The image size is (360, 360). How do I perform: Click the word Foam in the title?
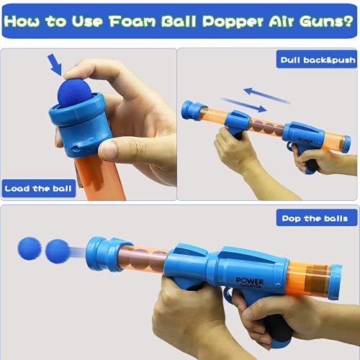coord(132,22)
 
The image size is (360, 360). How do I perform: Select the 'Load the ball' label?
coord(38,189)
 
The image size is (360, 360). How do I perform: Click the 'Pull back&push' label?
coord(317,59)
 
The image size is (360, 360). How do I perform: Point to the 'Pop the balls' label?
coord(317,218)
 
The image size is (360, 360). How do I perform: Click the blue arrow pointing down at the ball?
coord(55,64)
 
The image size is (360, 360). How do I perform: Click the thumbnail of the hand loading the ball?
coord(89,125)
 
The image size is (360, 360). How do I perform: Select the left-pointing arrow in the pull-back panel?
coord(266,95)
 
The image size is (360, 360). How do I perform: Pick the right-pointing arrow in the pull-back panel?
coord(243,105)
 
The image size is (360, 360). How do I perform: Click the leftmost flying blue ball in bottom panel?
coord(30,248)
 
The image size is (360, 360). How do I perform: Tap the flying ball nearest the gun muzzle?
coord(58,251)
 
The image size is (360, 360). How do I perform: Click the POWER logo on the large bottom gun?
coord(250,282)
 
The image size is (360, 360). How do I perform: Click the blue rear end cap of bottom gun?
coord(336,282)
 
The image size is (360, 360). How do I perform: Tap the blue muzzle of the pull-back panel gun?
coord(192,110)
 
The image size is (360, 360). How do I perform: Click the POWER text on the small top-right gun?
coord(305,140)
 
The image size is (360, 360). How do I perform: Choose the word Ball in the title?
coord(179,22)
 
